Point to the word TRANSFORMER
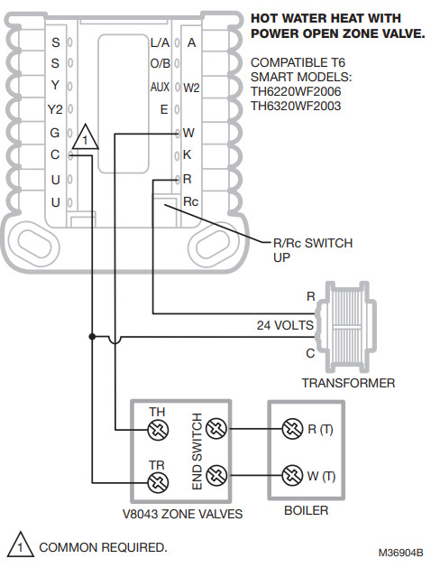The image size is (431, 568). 348,383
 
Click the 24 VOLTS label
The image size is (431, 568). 285,324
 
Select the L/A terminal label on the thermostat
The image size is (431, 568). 159,42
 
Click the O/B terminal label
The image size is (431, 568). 159,64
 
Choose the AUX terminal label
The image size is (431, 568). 160,87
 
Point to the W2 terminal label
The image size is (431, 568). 191,88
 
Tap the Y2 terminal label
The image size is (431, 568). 54,109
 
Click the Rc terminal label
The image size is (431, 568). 190,201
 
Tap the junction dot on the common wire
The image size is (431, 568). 91,337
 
